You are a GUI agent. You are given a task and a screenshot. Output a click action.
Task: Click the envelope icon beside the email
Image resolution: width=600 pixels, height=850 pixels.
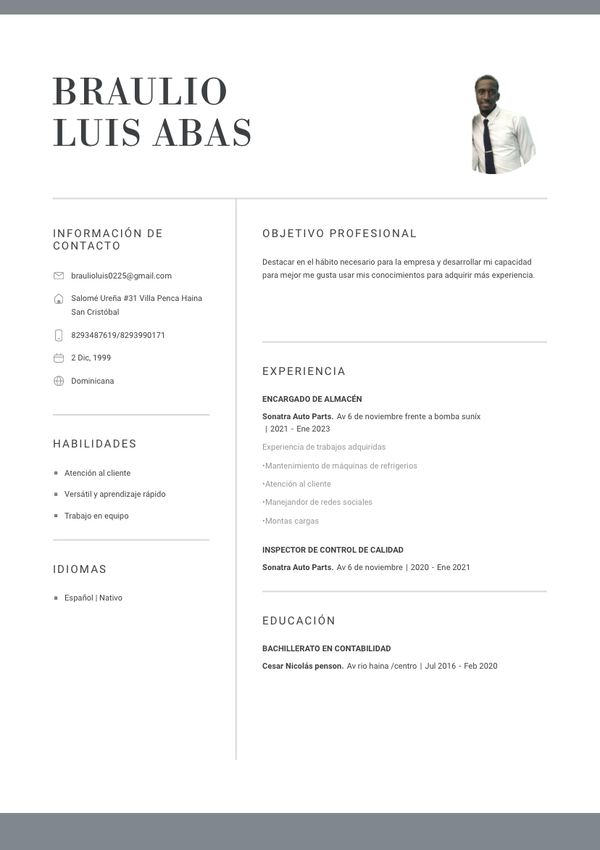click(59, 276)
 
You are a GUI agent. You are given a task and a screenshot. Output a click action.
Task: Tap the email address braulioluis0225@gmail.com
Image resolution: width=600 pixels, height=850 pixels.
click(121, 276)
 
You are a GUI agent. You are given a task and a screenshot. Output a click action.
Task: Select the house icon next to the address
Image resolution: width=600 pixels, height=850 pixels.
click(59, 299)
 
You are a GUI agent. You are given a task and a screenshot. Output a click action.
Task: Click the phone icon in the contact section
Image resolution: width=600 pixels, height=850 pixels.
click(59, 335)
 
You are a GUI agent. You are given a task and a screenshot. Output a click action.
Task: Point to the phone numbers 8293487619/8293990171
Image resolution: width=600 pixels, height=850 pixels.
click(118, 335)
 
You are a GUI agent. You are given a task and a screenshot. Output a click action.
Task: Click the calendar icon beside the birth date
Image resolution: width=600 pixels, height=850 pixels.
click(59, 358)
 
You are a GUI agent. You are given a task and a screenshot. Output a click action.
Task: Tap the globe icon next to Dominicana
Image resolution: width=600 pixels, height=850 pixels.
click(59, 381)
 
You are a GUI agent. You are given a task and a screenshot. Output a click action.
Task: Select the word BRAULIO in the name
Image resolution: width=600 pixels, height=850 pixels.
click(141, 92)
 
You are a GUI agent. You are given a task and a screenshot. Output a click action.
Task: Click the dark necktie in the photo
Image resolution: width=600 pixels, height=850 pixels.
click(489, 145)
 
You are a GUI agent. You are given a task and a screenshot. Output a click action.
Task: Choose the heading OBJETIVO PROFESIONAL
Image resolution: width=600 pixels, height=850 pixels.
click(339, 234)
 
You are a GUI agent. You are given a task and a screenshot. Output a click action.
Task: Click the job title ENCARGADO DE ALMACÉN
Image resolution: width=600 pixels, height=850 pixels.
click(312, 399)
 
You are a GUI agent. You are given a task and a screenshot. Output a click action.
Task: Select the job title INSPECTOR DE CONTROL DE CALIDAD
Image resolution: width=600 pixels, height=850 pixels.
click(333, 550)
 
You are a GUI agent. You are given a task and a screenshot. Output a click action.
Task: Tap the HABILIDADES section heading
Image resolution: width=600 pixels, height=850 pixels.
click(95, 444)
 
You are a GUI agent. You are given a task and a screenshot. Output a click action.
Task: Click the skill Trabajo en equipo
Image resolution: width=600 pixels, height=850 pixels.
click(96, 516)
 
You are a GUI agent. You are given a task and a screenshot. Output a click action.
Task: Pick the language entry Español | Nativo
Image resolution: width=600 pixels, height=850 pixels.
click(93, 598)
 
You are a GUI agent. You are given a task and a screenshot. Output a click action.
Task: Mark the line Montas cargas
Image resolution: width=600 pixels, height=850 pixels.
click(291, 521)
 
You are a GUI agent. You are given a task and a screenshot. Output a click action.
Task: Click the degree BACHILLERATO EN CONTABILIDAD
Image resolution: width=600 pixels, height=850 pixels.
click(326, 648)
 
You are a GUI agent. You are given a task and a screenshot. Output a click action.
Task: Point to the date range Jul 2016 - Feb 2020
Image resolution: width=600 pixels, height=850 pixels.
click(461, 666)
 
